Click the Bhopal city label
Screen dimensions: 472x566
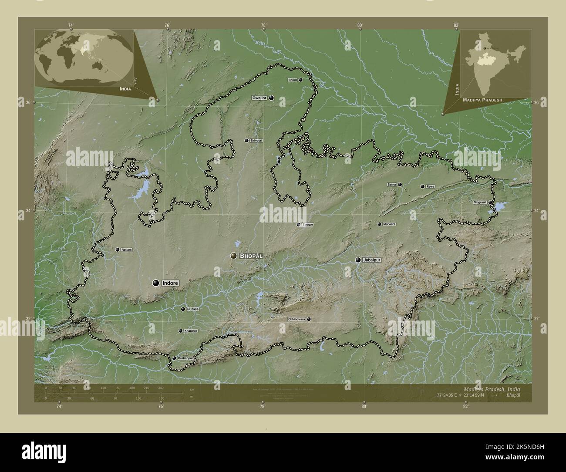tap(251, 256)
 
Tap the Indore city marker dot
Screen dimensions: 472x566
tap(155, 283)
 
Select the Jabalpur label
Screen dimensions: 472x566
tap(371, 260)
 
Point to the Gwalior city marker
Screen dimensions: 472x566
tap(271, 98)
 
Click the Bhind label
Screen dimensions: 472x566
tap(292, 80)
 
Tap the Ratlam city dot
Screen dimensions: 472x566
tap(118, 249)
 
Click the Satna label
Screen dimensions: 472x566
tap(391, 185)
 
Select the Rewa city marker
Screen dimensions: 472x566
tap(422, 186)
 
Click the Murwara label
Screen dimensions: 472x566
tap(389, 224)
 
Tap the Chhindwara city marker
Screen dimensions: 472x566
tap(309, 319)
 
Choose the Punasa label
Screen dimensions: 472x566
tap(192, 309)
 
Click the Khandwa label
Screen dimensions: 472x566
tap(191, 331)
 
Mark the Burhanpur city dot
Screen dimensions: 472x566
tap(174, 358)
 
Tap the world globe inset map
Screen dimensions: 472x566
tap(84, 58)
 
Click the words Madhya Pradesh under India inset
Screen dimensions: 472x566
tap(482, 100)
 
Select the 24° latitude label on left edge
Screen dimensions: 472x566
tap(27, 210)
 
